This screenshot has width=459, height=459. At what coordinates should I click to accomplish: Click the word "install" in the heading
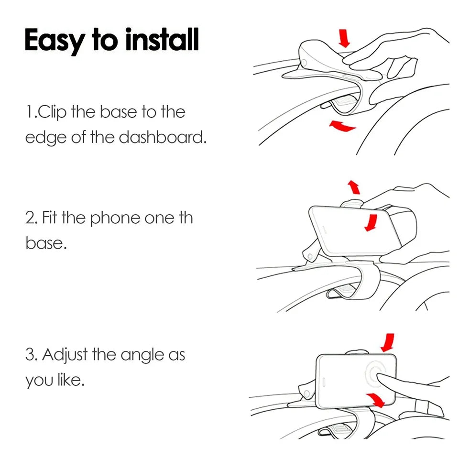[162, 40]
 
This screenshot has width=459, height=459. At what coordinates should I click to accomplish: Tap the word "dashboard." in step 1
[163, 137]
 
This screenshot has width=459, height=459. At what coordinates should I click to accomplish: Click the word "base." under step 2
[46, 243]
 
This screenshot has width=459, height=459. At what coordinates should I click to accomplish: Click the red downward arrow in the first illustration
[344, 38]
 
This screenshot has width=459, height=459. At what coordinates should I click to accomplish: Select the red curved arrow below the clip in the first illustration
[342, 126]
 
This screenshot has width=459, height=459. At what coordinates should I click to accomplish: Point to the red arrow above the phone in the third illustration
[388, 342]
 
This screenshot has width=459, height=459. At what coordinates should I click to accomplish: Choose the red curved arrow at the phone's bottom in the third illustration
[376, 400]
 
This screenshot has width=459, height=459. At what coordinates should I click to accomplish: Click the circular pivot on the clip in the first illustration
[305, 63]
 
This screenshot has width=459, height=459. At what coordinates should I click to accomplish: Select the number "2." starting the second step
[32, 218]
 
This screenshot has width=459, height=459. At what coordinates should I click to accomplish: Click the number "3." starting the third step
[32, 355]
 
